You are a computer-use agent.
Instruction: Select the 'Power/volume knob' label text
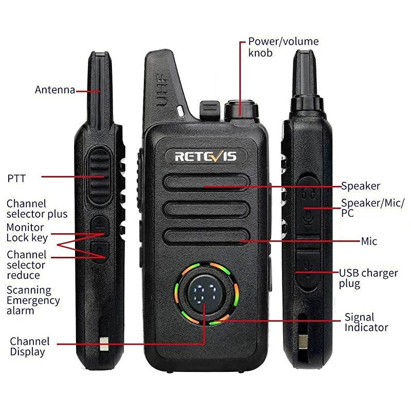coord(283,47)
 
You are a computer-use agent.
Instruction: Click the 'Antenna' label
coord(54,90)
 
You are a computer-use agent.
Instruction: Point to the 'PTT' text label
coord(16,179)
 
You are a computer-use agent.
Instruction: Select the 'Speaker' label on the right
coord(361,186)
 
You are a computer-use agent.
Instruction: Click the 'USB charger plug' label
coord(368,278)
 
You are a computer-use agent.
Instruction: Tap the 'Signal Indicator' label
coord(366,323)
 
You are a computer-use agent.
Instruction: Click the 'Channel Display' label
coord(30,346)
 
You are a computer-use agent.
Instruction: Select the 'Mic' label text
coord(369,241)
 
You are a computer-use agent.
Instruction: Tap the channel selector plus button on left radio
coord(100,225)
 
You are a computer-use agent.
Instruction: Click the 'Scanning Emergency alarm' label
coord(33,301)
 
